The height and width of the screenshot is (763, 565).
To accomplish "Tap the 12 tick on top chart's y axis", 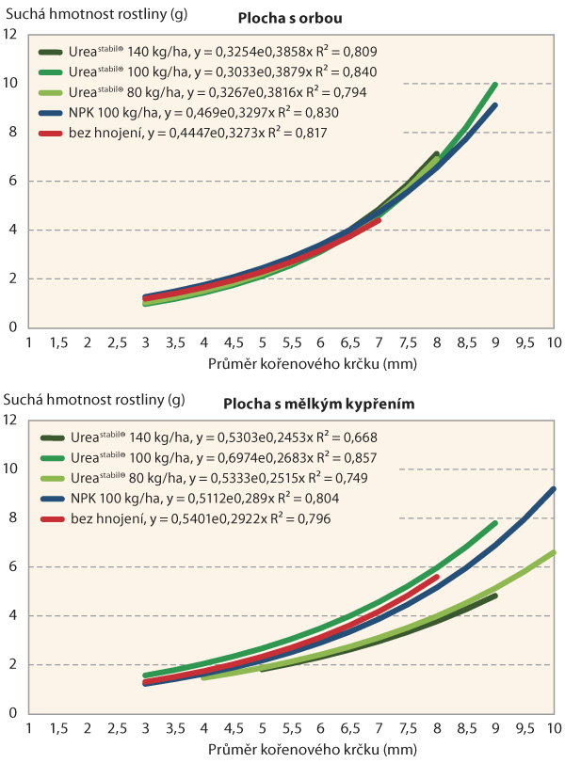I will (x=11, y=35).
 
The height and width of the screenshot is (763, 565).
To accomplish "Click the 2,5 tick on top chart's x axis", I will (x=118, y=343).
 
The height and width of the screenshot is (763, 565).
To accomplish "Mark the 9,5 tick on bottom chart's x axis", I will (x=525, y=729).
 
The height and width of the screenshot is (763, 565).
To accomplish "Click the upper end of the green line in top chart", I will (x=494, y=84).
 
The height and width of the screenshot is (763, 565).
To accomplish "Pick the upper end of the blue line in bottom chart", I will (x=554, y=489).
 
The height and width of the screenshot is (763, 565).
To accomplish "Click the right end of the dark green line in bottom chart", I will (x=494, y=596).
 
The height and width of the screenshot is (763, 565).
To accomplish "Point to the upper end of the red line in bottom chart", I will (x=437, y=578).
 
